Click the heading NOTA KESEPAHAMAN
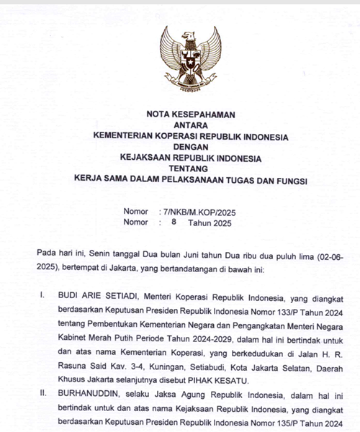pos(191,114)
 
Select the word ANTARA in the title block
pos(191,125)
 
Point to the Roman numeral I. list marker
pos(43,295)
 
